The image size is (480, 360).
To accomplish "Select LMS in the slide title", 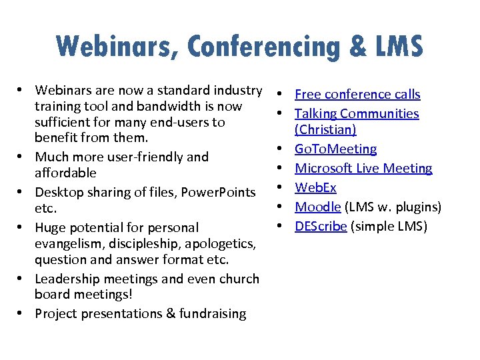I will [397, 47].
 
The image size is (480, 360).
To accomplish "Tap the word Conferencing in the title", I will [266, 47].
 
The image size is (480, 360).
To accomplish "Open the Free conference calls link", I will [357, 95].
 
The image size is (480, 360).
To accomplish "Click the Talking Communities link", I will [357, 114].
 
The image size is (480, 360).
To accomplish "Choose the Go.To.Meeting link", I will [335, 149].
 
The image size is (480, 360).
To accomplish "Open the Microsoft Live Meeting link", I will [363, 169].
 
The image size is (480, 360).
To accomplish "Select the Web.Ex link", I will [315, 188].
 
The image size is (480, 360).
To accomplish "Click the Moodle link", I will [317, 207].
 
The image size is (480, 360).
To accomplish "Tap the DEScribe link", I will [321, 227].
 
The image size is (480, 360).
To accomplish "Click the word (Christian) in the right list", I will [325, 130].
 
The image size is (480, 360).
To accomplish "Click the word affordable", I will [65, 173].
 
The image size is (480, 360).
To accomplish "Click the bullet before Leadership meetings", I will [22, 279].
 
